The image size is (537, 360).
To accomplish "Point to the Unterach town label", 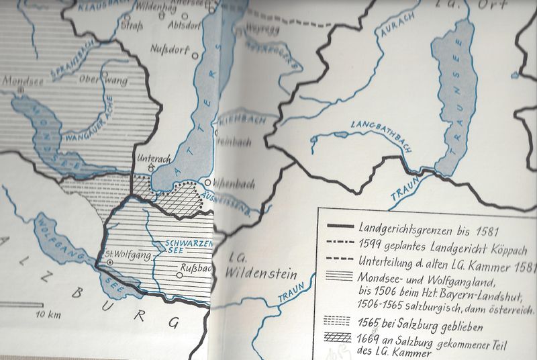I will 151,159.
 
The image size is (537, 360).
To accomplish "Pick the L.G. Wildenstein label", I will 252,267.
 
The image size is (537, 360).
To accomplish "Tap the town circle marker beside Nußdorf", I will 195,54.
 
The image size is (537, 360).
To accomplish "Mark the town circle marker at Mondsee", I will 21,88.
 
